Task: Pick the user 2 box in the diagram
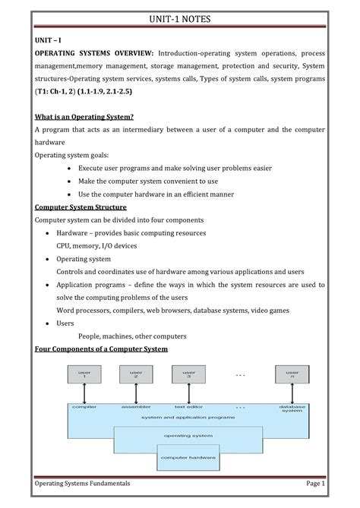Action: tap(136, 375)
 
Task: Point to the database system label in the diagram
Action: tap(292, 409)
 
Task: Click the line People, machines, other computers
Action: tap(132, 336)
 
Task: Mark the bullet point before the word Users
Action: tap(49, 323)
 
